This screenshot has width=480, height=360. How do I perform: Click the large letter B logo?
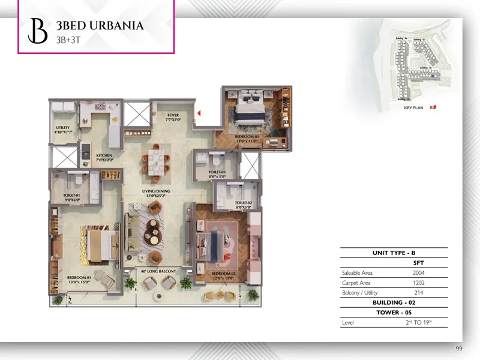click(x=38, y=31)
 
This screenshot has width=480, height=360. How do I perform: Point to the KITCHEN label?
click(x=104, y=157)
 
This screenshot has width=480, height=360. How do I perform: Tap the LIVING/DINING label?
click(x=157, y=191)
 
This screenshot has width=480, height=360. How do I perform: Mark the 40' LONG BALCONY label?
click(x=158, y=272)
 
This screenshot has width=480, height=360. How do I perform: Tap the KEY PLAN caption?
click(x=414, y=107)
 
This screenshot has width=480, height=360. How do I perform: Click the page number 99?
click(x=460, y=349)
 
